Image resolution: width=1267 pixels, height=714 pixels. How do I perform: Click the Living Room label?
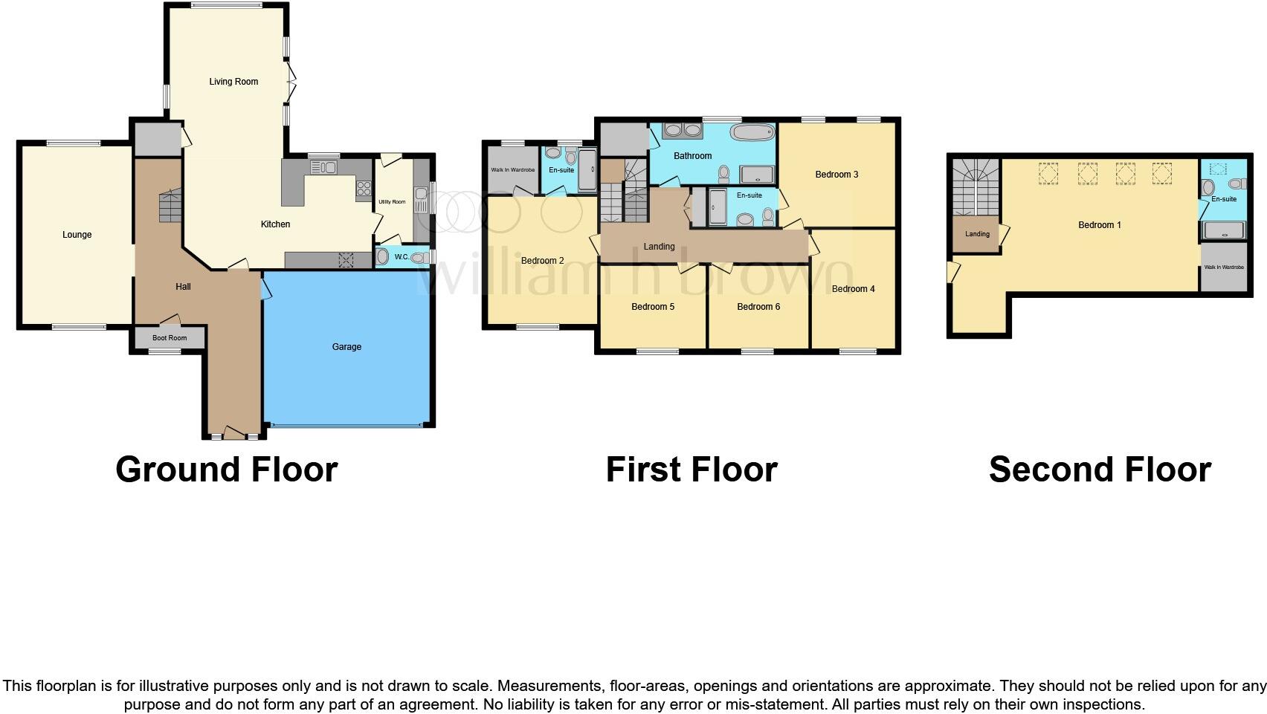point(233,82)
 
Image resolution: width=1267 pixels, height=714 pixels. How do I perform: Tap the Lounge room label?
point(77,235)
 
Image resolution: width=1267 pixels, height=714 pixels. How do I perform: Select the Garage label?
point(346,347)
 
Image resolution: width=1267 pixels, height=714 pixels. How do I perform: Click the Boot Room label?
point(170,338)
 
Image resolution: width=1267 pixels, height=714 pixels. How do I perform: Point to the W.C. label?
point(402,257)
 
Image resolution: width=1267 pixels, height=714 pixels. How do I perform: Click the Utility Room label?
point(392,202)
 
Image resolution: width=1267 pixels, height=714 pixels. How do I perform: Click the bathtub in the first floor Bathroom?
point(752,133)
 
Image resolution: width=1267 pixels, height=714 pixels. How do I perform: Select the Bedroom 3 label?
point(836,175)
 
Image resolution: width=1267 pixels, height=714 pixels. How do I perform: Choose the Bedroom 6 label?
point(758,307)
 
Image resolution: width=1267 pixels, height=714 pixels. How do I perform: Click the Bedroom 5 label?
point(653,307)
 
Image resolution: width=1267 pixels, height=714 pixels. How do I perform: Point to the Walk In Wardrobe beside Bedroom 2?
point(512,170)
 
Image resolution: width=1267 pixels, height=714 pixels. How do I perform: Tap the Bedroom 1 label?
point(1099,225)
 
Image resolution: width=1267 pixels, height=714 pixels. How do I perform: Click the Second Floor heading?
point(1100,470)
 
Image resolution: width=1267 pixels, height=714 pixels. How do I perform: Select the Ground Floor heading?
point(227,470)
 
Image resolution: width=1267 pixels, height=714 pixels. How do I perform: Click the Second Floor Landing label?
point(977,234)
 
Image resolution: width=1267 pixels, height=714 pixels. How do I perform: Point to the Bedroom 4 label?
point(853,289)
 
